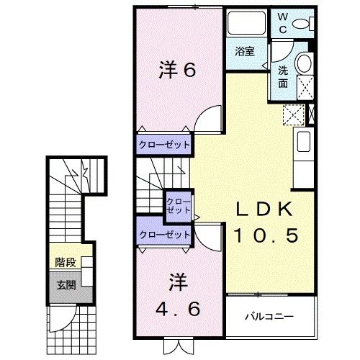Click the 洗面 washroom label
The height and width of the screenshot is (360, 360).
(x=283, y=77)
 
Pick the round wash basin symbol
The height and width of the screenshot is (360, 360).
(x=305, y=63)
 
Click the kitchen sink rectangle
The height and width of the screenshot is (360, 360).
(x=303, y=141)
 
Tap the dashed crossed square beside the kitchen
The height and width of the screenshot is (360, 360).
(x=293, y=114)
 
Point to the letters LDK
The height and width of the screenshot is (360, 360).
(x=264, y=209)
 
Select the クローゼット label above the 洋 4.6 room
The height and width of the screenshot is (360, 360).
(x=165, y=235)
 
